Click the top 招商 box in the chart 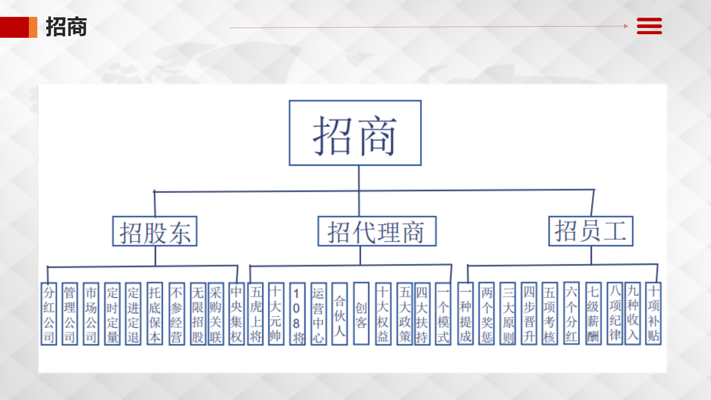tap(355, 133)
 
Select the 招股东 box tap(155, 231)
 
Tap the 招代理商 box tap(377, 231)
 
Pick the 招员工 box tap(591, 231)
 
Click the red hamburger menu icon tap(649, 26)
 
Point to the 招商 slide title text tap(66, 27)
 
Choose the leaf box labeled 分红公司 tap(49, 314)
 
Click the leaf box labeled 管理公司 tap(70, 314)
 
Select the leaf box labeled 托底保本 tap(155, 314)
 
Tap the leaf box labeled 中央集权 tap(236, 314)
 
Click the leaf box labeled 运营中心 tap(318, 314)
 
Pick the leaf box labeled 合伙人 tap(340, 314)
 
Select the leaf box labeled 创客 tap(361, 314)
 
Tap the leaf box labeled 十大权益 tap(383, 314)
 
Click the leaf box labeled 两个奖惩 tap(487, 314)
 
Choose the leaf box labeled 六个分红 tap(571, 314)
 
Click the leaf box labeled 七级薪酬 tap(593, 314)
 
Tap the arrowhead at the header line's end tap(626, 26)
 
